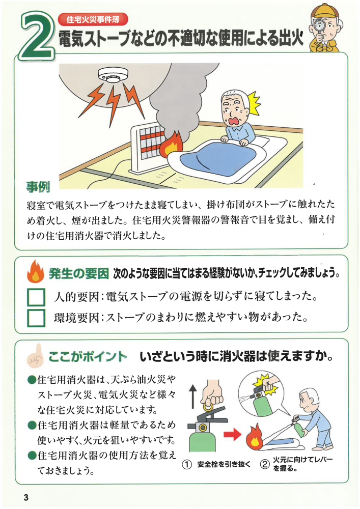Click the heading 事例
point(39,187)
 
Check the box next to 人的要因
point(36,297)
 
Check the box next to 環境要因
point(36,318)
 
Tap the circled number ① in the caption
point(188,464)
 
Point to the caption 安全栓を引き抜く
point(225,465)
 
